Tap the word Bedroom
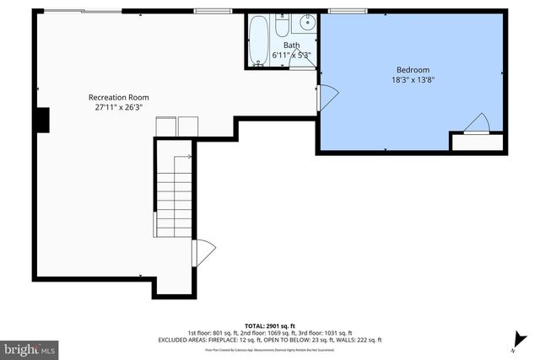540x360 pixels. pyautogui.click(x=413, y=70)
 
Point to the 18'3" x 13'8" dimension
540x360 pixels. pyautogui.click(x=413, y=80)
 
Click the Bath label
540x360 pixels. pyautogui.click(x=291, y=46)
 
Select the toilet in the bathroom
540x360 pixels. pyautogui.click(x=286, y=24)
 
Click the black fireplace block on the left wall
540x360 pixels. pyautogui.click(x=44, y=121)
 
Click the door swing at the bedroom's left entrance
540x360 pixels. pyautogui.click(x=327, y=96)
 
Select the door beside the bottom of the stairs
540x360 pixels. pyautogui.click(x=202, y=252)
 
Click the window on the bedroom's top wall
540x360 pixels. pyautogui.click(x=341, y=12)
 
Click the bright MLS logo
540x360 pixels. pyautogui.click(x=30, y=347)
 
